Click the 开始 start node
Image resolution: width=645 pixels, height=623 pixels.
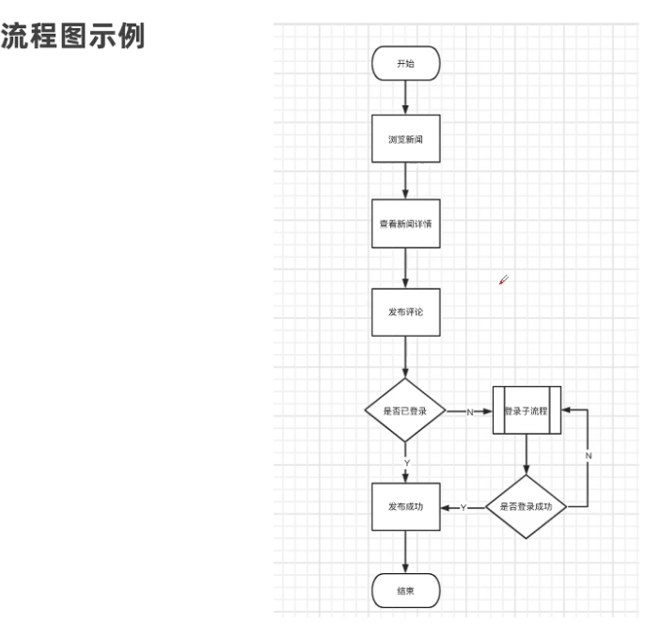(x=405, y=64)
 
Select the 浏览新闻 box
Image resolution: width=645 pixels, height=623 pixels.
(x=405, y=139)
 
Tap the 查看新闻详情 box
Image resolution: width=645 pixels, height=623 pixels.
(x=405, y=224)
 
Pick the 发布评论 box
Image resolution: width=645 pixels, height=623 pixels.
(x=405, y=311)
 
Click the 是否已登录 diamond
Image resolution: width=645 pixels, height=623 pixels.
(x=405, y=411)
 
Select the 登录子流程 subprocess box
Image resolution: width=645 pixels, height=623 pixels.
(x=527, y=411)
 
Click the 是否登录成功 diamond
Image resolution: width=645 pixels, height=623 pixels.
(x=527, y=506)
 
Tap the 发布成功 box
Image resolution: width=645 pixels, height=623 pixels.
(x=405, y=506)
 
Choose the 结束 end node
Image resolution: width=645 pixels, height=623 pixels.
(x=405, y=591)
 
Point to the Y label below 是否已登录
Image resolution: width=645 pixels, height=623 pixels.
(x=406, y=463)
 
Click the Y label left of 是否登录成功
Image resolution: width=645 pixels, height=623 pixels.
(x=464, y=507)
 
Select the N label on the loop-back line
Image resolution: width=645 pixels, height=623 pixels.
(x=589, y=455)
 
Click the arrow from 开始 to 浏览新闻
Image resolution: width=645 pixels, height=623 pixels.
(x=405, y=98)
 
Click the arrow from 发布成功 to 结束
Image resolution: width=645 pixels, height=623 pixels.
(x=405, y=552)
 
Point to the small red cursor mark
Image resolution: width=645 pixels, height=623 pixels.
(x=504, y=279)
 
